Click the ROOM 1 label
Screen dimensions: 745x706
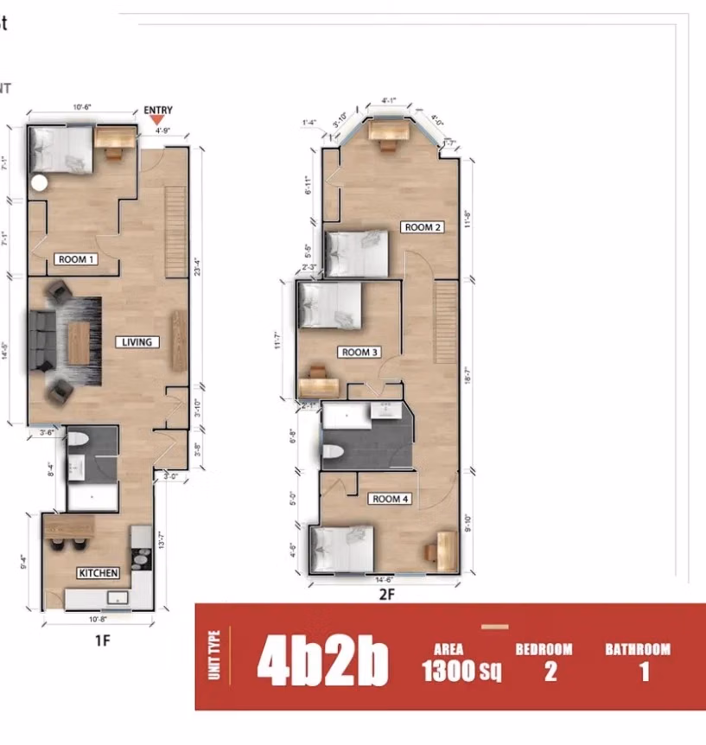point(75,259)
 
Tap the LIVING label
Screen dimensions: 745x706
point(137,342)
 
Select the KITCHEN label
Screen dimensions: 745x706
point(98,573)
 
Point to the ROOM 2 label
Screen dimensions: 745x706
point(423,227)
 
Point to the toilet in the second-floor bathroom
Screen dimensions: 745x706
point(329,451)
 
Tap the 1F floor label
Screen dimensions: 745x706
point(102,640)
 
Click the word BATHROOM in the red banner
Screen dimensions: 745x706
point(638,649)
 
